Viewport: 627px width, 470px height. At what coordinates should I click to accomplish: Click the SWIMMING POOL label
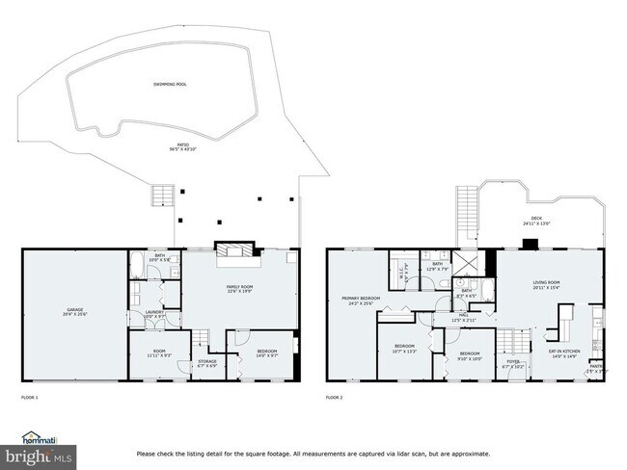point(170,84)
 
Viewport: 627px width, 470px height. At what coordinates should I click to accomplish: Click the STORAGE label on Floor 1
point(207,362)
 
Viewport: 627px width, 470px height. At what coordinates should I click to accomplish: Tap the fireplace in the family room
point(237,252)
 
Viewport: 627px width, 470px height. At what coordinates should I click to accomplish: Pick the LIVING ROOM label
point(546,283)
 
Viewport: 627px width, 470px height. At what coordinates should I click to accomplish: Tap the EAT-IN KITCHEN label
point(564,352)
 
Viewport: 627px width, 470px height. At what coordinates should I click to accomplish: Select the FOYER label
point(512,364)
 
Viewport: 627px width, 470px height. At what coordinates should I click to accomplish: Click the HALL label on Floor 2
point(464,315)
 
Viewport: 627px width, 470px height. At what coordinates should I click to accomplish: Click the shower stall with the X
point(466,262)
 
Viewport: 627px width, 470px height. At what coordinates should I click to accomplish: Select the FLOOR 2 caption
point(334,397)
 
